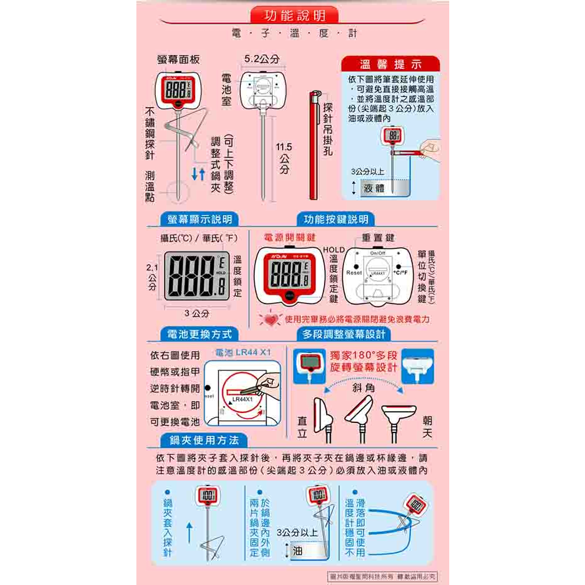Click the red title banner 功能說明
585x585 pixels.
(293, 15)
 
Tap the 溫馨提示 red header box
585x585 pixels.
(391, 64)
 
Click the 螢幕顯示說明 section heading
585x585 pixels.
(195, 219)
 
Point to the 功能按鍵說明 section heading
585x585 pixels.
(336, 219)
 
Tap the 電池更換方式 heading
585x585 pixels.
(195, 334)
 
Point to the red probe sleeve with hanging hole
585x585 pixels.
(314, 144)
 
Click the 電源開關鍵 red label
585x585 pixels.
(290, 238)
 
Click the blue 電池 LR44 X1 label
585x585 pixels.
(243, 352)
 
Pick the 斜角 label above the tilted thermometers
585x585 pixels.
(364, 388)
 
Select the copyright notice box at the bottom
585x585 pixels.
(382, 576)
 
